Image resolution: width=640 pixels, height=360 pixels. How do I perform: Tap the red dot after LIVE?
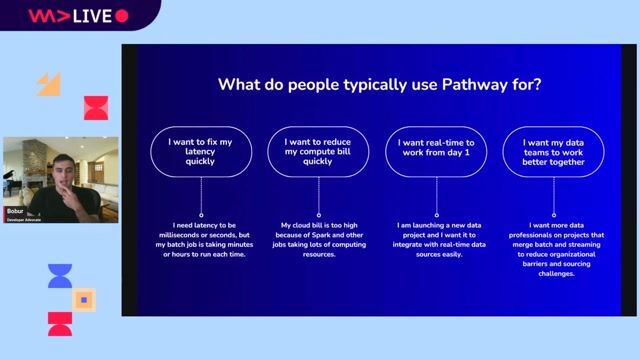[122, 16]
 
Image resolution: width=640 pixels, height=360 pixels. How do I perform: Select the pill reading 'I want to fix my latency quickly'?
[201, 151]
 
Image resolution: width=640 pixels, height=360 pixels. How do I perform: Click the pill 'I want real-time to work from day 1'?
[436, 151]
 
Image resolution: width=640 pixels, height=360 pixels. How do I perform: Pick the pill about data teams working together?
[553, 151]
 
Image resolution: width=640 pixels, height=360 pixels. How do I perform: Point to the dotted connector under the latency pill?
[201, 197]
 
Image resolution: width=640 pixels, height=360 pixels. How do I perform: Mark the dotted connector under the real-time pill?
[436, 197]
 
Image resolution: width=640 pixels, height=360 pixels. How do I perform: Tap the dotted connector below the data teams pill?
[553, 197]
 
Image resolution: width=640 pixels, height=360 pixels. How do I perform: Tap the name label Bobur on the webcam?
[15, 212]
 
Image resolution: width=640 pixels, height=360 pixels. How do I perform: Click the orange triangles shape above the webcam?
[50, 85]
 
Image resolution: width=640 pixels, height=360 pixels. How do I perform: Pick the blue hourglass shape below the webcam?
[60, 276]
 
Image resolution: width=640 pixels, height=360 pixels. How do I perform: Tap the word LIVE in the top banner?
[91, 16]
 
